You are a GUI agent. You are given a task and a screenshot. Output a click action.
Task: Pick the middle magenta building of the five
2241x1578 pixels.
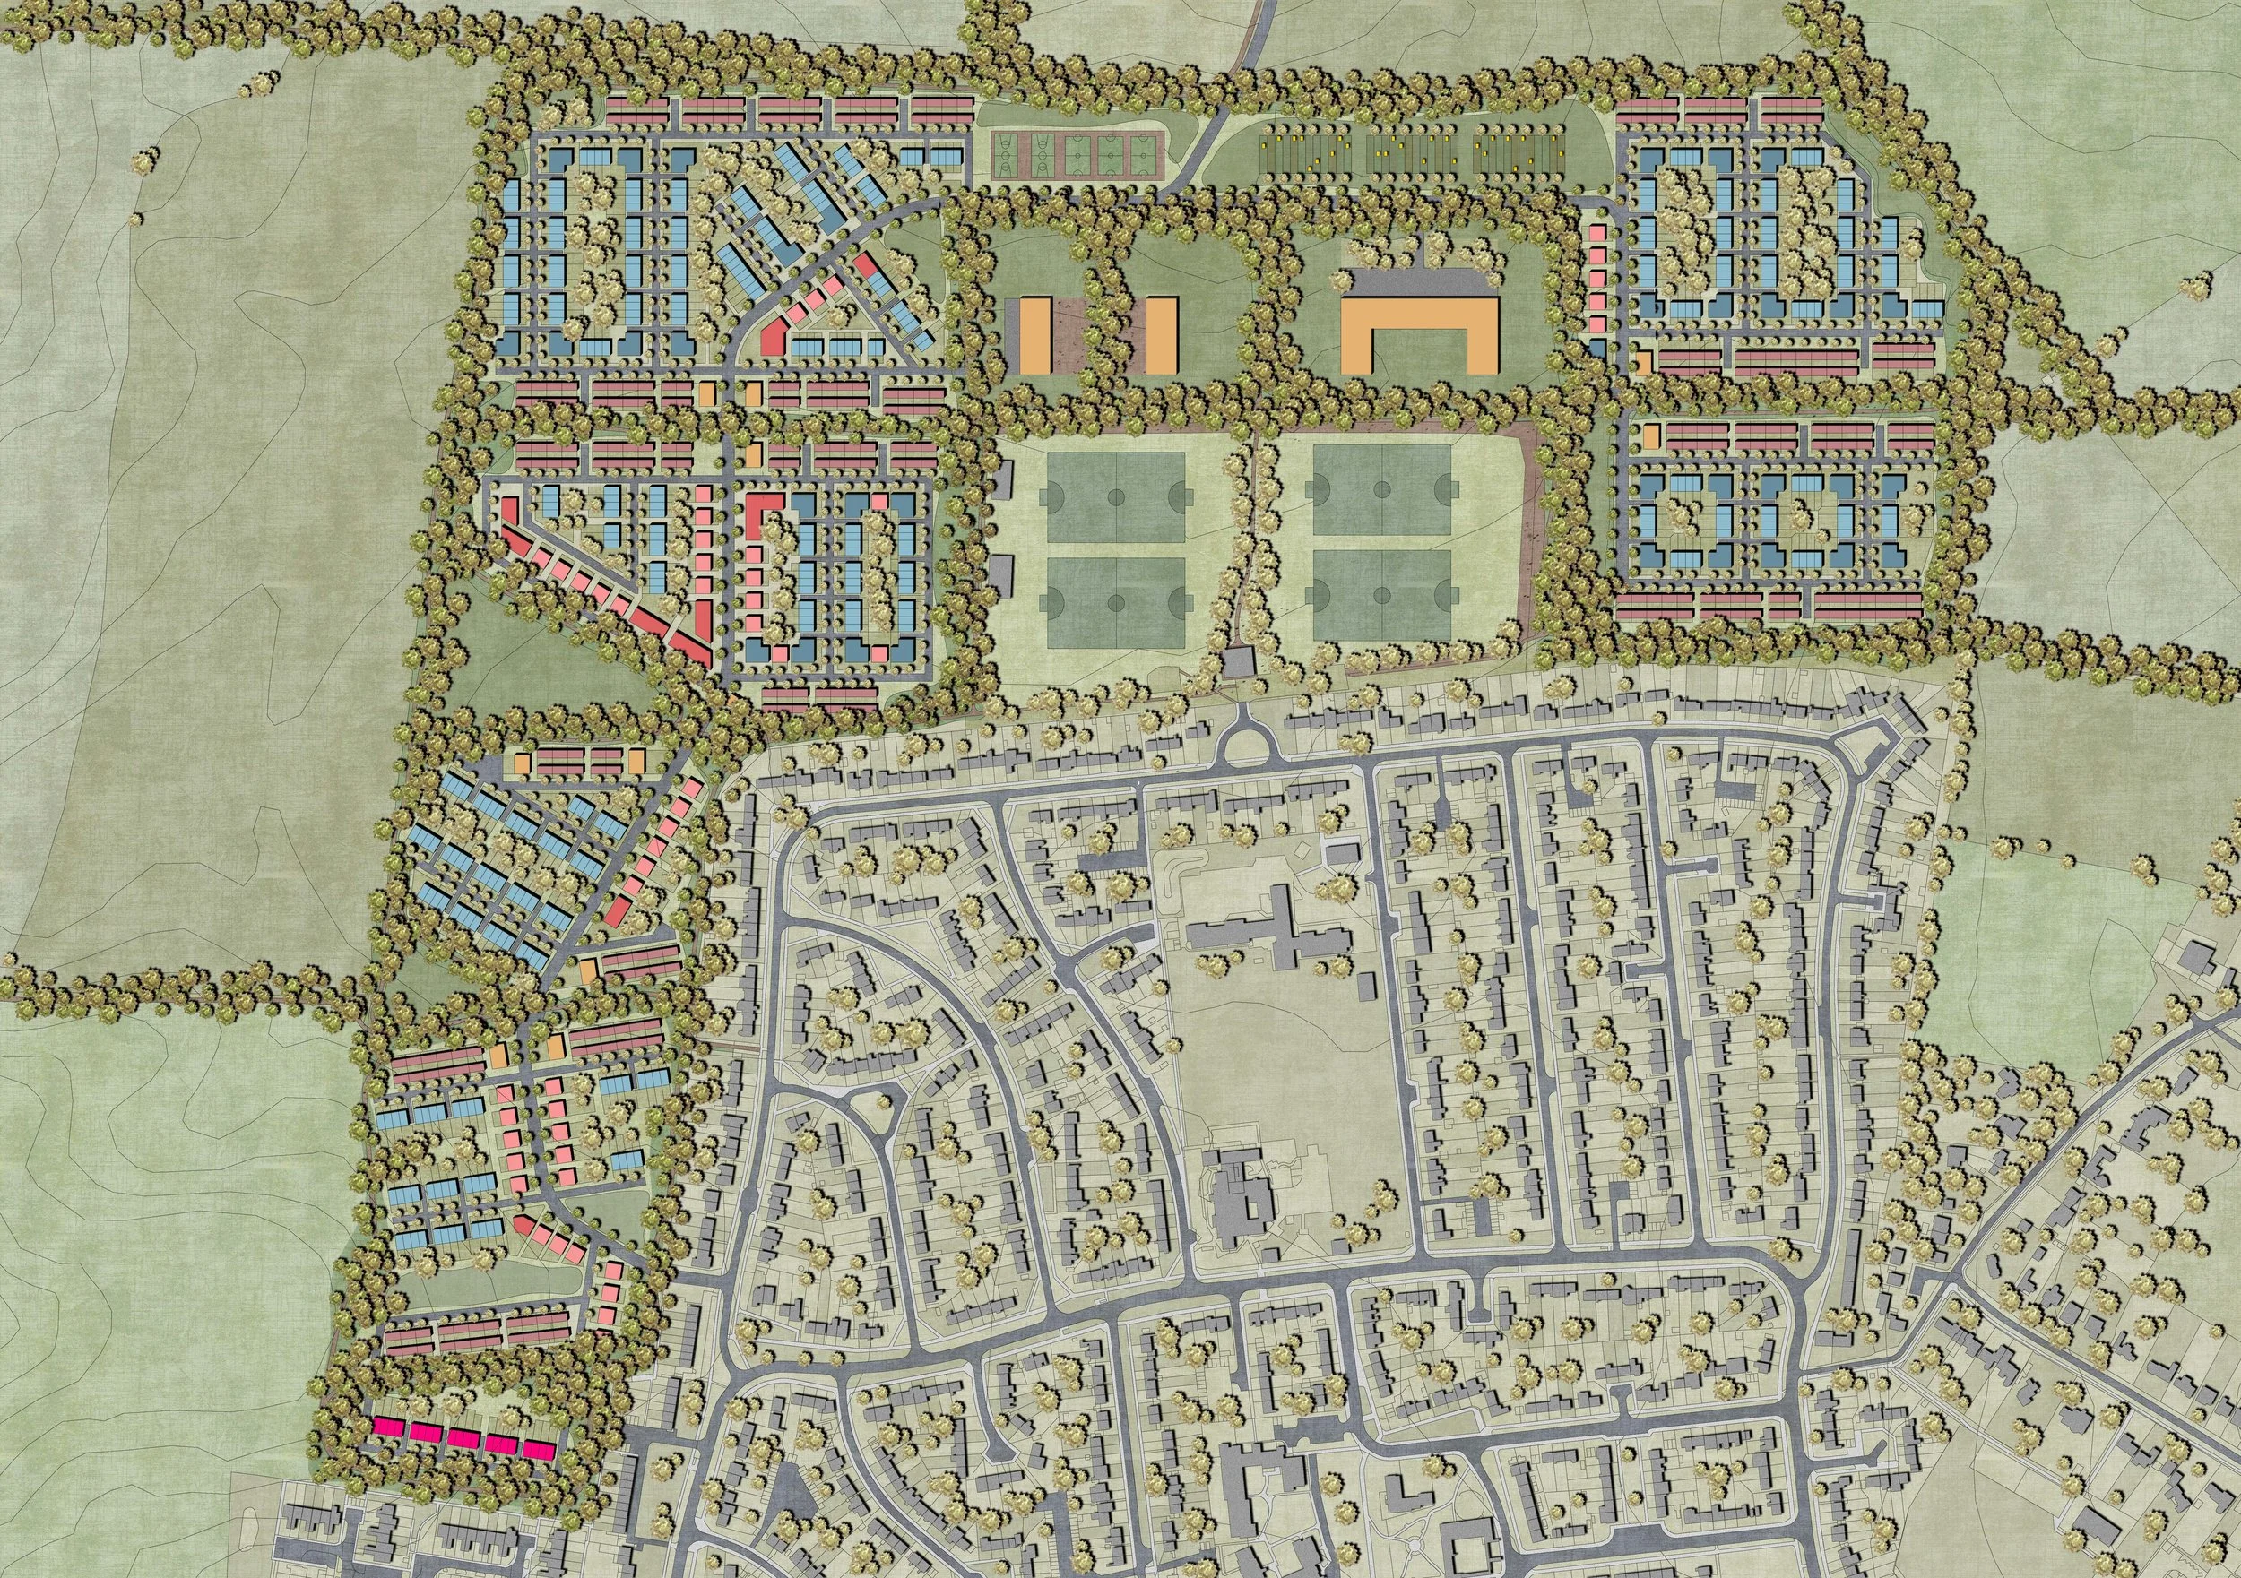(x=463, y=1437)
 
